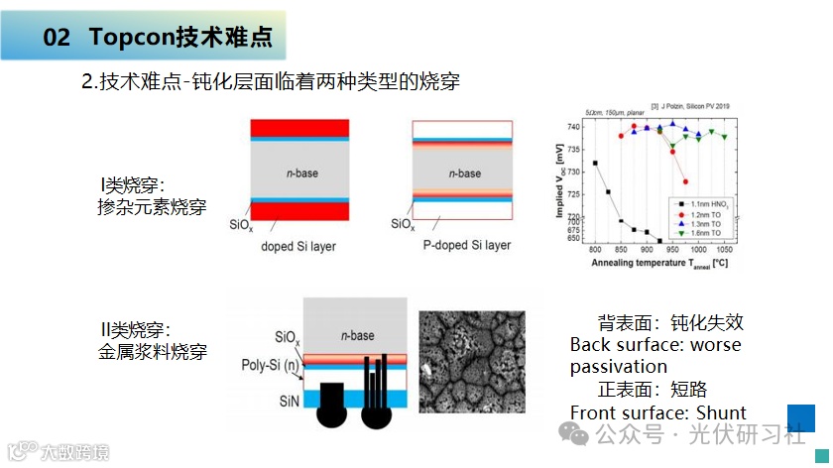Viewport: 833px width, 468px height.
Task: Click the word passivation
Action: pyautogui.click(x=618, y=367)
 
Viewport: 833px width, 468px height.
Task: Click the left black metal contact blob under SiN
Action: pyautogui.click(x=333, y=405)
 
